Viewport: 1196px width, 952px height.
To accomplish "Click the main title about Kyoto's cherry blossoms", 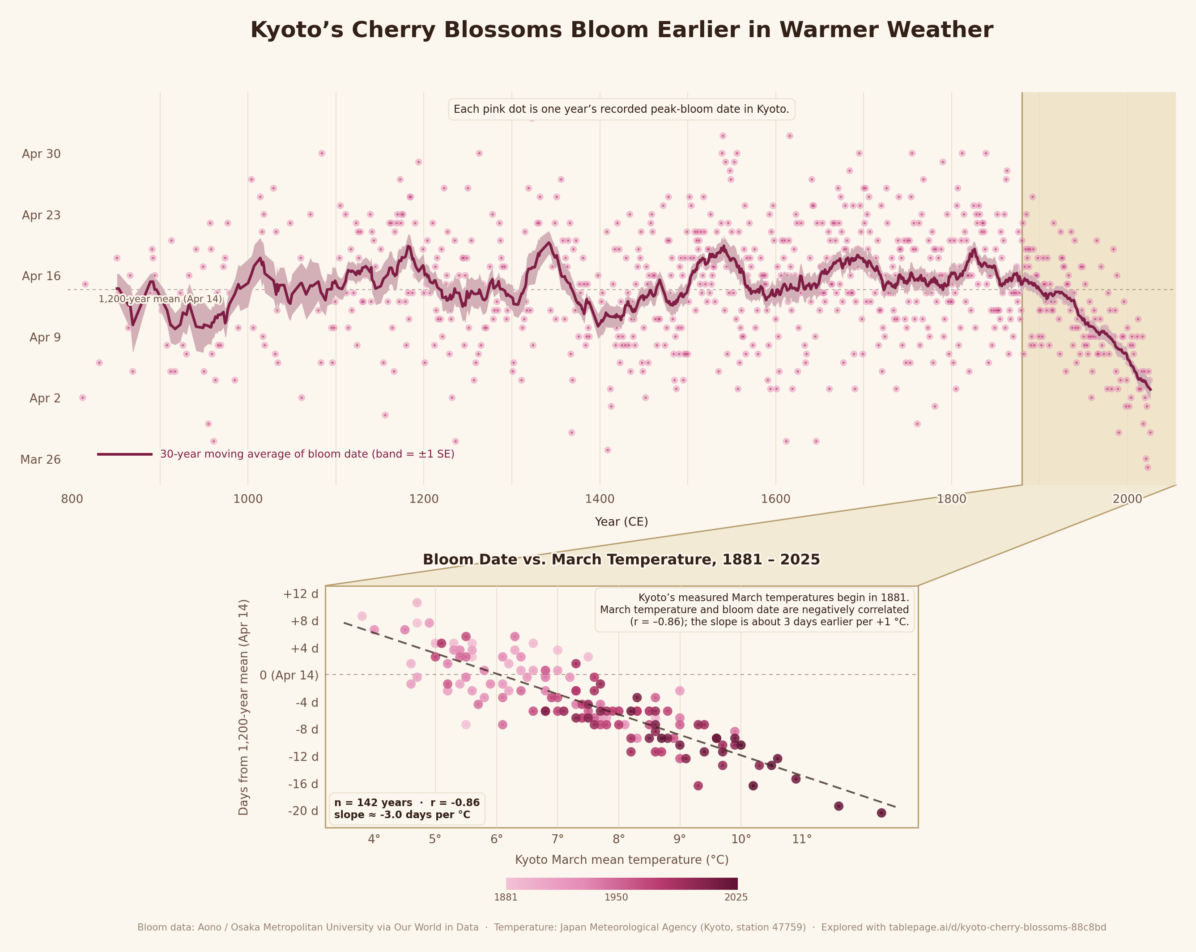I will coord(621,30).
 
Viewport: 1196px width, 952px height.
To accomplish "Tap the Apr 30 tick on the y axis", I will coord(41,154).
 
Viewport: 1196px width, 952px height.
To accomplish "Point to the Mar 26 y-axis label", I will coord(41,459).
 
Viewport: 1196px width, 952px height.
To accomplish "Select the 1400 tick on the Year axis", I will coord(600,498).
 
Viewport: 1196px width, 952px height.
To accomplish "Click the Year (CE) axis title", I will coord(621,521).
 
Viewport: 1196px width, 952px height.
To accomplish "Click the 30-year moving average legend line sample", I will coord(124,454).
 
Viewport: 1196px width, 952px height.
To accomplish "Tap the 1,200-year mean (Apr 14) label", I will coord(160,299).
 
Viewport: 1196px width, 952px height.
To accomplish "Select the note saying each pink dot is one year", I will coord(621,109).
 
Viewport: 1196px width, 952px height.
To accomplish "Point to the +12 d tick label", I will coord(301,593).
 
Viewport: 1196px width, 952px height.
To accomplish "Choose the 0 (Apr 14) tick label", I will coord(289,675).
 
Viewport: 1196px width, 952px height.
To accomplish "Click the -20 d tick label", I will coord(303,811).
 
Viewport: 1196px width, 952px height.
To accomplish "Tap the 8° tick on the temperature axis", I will coord(618,838).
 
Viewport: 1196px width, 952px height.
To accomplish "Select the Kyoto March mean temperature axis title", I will coord(621,860).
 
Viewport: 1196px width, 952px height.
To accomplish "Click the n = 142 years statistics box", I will coord(407,808).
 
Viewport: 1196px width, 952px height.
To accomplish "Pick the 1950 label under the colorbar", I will coord(616,897).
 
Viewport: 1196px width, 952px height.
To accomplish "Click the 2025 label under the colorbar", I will coord(736,897).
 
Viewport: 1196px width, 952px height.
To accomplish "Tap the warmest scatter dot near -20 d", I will coord(881,813).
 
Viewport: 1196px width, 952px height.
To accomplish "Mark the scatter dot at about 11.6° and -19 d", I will coord(839,806).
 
